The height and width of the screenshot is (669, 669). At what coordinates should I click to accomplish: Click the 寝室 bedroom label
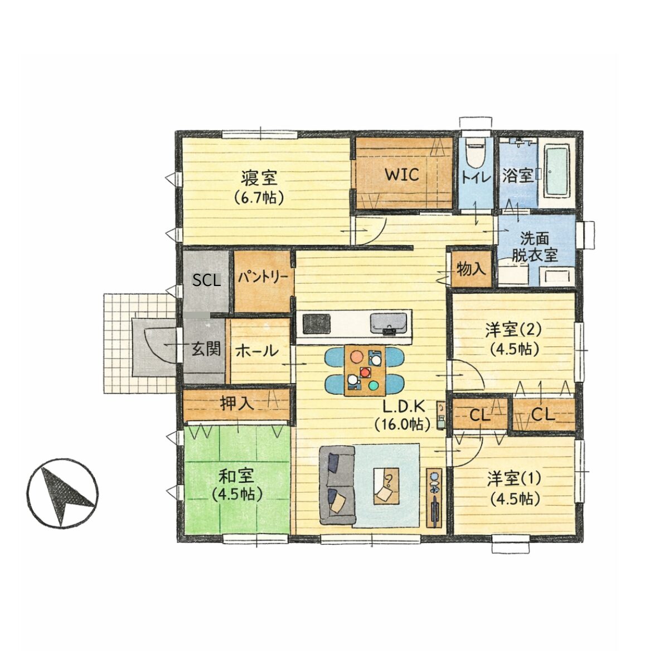259,178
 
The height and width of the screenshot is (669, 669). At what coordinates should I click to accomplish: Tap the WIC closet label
403,175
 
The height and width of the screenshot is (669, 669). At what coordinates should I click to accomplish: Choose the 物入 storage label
471,269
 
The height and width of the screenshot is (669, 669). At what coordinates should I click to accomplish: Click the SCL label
207,280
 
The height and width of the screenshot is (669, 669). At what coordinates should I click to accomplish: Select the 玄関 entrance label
207,349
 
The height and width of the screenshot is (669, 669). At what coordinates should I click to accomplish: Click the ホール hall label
257,351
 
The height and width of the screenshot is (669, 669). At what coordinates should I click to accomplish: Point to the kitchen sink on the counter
389,323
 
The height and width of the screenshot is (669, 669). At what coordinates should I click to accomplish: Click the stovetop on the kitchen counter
316,323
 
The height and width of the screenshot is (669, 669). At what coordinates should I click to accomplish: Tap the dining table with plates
365,370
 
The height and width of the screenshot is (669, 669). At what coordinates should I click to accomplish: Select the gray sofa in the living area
337,485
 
